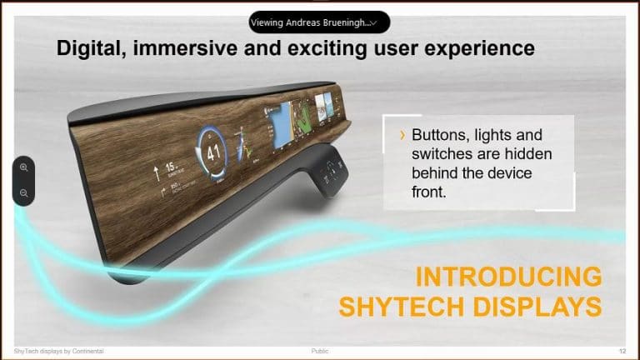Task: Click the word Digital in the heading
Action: [x=87, y=48]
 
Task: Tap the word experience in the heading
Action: [x=479, y=48]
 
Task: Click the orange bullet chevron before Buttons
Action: [x=403, y=135]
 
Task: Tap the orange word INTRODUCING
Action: [x=508, y=277]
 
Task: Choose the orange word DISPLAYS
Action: [x=538, y=307]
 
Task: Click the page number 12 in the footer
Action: [x=622, y=351]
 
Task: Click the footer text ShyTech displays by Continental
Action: [x=59, y=351]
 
